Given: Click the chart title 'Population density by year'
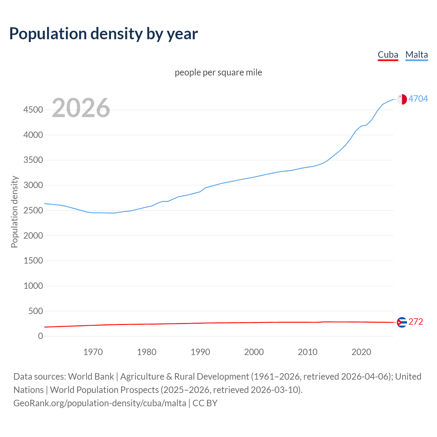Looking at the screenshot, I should [103, 34].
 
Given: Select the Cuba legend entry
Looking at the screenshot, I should [388, 55].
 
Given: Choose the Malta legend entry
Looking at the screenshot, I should [417, 55].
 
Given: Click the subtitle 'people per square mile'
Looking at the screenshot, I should [218, 72].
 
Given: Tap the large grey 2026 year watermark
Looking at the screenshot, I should [81, 108].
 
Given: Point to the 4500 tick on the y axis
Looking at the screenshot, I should [33, 110].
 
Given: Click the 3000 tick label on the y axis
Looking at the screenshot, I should [33, 185].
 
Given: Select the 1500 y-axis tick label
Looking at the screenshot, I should [33, 260].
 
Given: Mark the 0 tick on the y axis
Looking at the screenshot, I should [41, 336].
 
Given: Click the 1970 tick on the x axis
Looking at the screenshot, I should [93, 352].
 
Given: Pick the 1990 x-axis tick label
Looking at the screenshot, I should [200, 352].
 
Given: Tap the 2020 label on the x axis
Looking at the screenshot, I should [361, 352].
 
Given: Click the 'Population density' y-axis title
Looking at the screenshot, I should [14, 212].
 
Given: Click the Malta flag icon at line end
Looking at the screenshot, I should [402, 99].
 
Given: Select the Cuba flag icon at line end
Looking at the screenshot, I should [402, 322].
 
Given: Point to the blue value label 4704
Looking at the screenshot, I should [418, 99].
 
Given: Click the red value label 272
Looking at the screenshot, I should [416, 322].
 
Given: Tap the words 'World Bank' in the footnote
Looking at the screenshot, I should [91, 376].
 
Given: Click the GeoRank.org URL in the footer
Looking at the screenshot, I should [100, 403].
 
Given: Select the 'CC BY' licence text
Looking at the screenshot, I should [205, 403].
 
